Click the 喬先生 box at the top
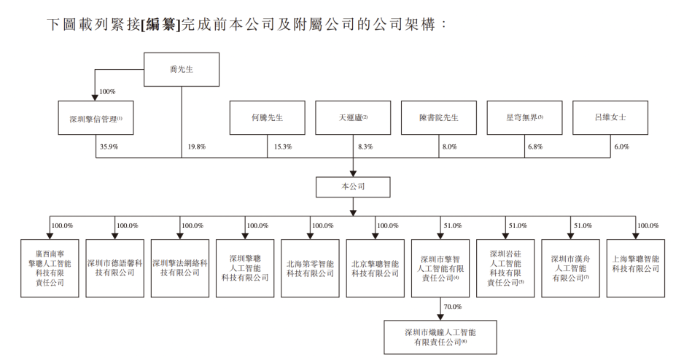click(x=181, y=70)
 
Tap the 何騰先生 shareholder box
click(x=267, y=118)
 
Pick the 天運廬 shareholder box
click(x=353, y=118)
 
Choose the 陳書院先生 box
click(x=438, y=118)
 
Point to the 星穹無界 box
click(x=524, y=118)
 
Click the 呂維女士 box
click(x=610, y=118)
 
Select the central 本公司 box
click(x=353, y=187)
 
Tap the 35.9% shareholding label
click(x=108, y=146)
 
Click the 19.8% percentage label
click(x=195, y=146)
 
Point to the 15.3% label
click(x=281, y=146)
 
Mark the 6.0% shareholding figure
click(x=621, y=146)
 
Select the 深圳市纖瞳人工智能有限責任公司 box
click(x=440, y=337)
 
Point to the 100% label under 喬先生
click(x=107, y=92)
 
